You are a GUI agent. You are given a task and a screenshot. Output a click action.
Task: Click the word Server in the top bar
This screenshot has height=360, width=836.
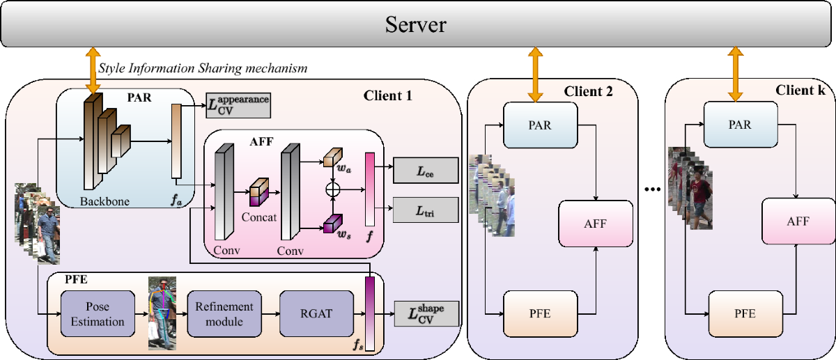point(416,26)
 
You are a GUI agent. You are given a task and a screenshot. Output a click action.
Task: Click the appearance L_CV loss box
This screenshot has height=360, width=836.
point(238,104)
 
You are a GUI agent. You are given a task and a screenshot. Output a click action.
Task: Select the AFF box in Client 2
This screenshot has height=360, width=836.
point(596,222)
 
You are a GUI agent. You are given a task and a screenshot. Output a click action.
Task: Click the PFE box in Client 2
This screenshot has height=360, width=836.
point(540,313)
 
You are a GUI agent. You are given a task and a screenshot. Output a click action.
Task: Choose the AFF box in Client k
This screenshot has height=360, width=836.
point(798,221)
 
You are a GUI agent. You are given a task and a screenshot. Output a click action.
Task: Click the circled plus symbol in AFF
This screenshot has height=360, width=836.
point(333,189)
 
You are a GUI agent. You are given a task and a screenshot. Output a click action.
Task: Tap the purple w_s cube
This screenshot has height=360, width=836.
point(331,223)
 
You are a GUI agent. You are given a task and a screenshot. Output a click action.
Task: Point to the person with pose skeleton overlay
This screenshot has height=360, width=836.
point(162,313)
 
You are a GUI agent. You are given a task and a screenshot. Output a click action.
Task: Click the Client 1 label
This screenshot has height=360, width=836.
point(388,95)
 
